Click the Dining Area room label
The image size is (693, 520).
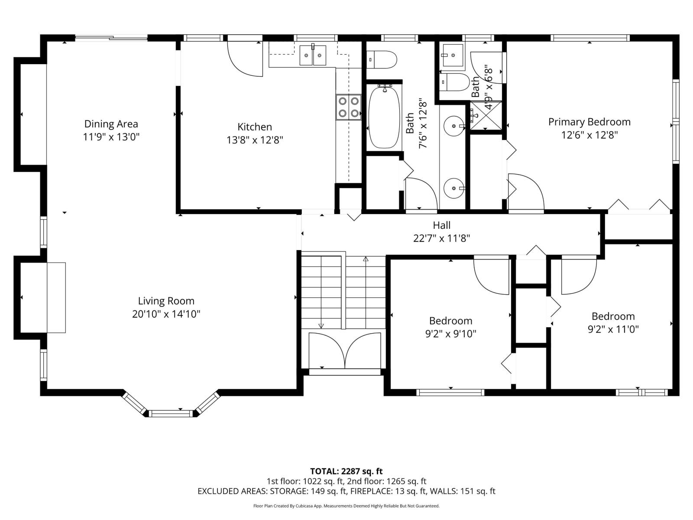point(111,124)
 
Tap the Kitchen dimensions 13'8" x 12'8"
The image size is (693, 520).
point(255,140)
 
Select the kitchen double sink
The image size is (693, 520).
point(313,55)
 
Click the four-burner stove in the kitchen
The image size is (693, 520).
point(349,107)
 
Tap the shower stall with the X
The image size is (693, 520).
point(486,115)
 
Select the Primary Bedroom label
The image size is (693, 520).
point(589,122)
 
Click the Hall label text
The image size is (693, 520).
point(441,225)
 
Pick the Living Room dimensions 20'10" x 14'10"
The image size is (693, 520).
point(166,314)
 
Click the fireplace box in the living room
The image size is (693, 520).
point(56,297)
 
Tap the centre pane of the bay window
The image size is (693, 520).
point(172,413)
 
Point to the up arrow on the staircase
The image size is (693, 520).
point(365,260)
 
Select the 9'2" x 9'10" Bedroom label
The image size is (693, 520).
point(450,321)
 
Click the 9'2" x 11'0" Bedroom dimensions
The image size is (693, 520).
point(613,329)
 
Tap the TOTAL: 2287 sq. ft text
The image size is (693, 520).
point(346,471)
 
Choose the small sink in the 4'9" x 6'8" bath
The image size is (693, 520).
point(452,55)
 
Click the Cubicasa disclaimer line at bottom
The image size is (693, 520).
point(346,506)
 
